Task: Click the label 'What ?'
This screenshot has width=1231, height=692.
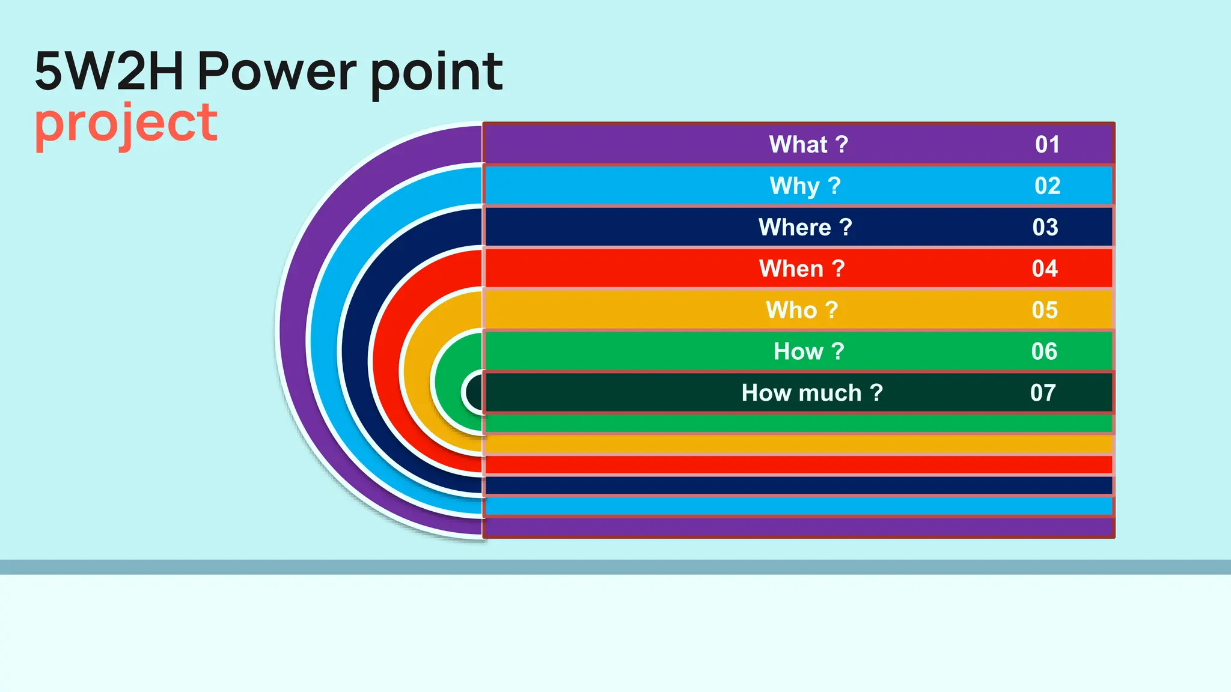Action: tap(808, 145)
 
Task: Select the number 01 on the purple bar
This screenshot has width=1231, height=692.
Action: tap(1047, 145)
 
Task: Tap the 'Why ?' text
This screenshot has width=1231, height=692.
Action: tap(805, 186)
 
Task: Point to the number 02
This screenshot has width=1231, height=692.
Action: tap(1047, 186)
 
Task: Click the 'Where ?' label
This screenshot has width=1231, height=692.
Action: tap(805, 228)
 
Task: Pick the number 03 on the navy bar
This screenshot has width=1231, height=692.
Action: tap(1045, 228)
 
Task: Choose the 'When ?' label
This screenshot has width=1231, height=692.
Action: tap(802, 269)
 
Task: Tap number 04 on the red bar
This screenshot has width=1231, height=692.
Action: tap(1045, 269)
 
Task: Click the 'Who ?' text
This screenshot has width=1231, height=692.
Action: tap(801, 310)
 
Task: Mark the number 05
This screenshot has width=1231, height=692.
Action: tap(1045, 310)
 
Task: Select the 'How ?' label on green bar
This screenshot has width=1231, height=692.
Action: tap(808, 351)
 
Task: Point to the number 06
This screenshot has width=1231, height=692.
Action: tap(1044, 351)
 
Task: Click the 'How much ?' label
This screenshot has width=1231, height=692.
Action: tap(811, 393)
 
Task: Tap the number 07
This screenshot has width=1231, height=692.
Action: tap(1043, 393)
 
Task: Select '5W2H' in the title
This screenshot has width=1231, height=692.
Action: tap(109, 71)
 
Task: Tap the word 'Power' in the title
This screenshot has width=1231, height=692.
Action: tap(277, 71)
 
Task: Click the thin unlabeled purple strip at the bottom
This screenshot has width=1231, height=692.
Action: tap(798, 527)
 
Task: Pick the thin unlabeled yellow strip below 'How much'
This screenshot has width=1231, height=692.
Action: tap(798, 444)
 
